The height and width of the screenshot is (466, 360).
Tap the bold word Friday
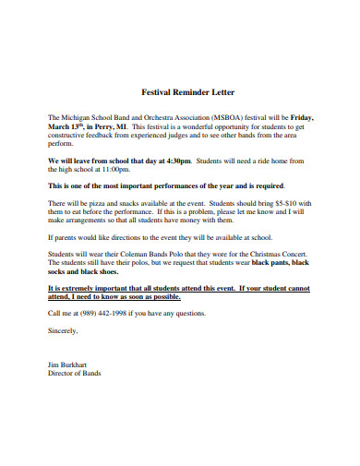(x=302, y=118)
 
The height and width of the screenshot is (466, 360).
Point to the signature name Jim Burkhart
(x=69, y=364)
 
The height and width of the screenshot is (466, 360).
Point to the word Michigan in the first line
(x=78, y=118)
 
